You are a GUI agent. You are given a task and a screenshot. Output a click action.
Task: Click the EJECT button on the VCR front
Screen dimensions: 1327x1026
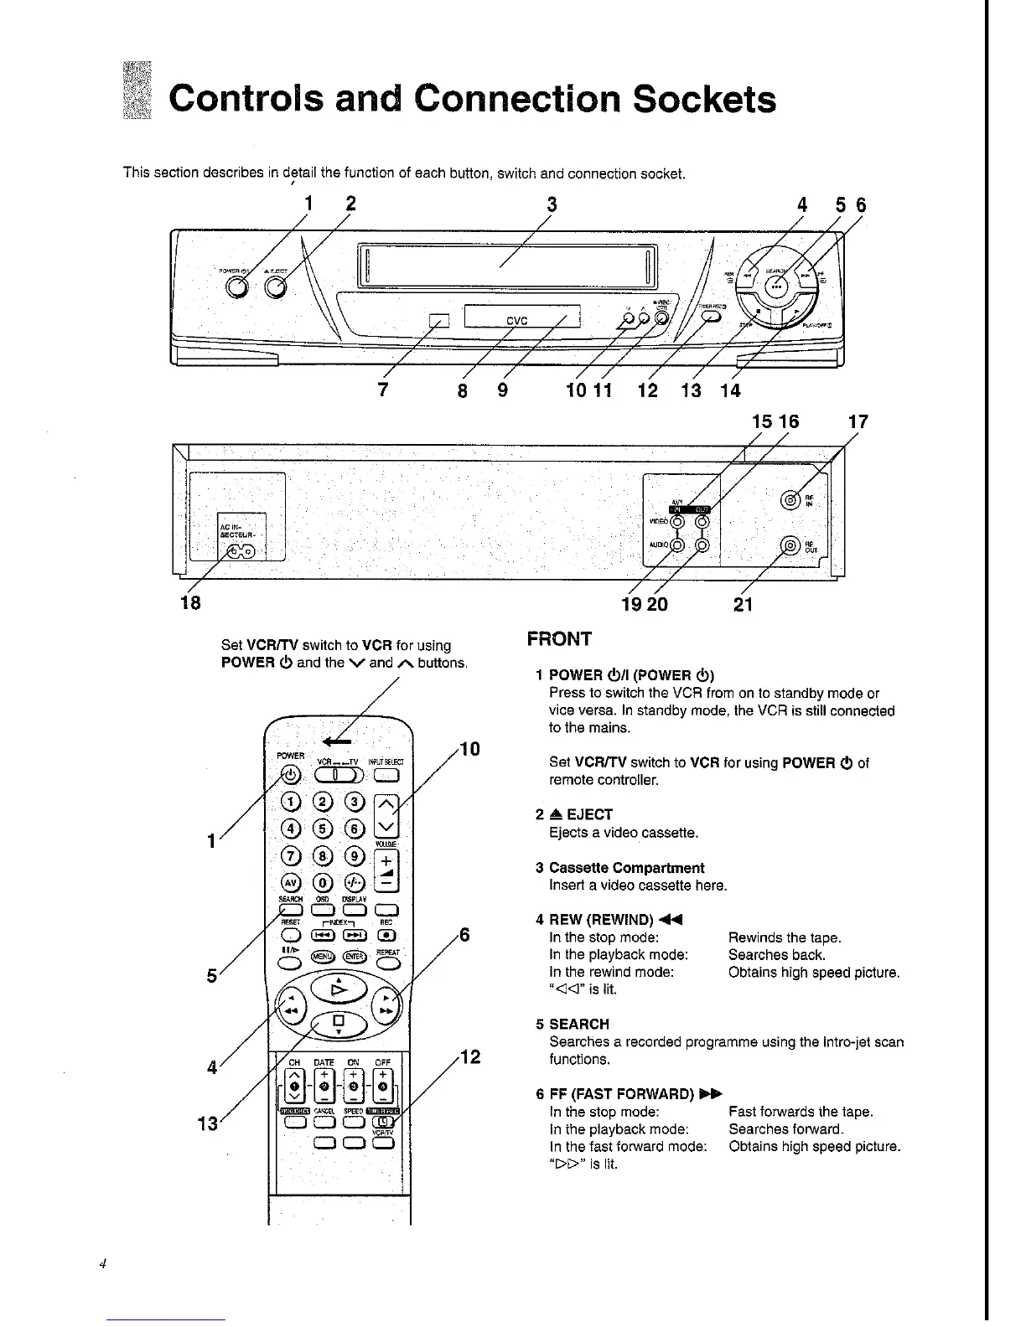point(275,288)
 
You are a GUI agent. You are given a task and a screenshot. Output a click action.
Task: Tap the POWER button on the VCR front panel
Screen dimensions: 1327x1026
point(237,287)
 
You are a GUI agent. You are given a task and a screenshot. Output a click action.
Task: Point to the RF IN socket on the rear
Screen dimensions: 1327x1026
point(789,500)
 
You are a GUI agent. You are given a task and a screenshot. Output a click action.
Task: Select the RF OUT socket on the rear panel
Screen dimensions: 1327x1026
point(789,545)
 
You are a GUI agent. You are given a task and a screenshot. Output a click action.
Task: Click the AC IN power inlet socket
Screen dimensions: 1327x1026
point(241,550)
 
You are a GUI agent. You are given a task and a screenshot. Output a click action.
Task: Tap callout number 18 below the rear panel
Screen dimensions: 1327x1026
point(190,603)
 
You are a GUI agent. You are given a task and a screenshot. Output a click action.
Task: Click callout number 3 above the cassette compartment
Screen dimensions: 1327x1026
point(552,205)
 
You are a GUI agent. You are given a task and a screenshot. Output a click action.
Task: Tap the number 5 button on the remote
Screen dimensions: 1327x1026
point(323,829)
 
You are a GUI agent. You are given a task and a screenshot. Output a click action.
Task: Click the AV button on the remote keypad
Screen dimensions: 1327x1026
point(291,884)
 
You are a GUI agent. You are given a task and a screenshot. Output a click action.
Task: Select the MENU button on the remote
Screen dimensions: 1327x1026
point(321,956)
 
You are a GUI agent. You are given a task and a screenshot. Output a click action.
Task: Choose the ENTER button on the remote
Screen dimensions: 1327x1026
point(352,956)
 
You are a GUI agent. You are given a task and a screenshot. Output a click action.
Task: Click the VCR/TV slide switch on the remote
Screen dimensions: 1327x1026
point(335,775)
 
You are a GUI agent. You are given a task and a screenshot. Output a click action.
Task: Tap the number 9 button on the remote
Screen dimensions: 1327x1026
point(354,856)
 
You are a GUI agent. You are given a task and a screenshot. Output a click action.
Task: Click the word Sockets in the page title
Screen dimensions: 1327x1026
point(704,99)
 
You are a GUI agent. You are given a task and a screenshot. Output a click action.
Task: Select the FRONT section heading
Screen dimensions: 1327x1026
point(559,639)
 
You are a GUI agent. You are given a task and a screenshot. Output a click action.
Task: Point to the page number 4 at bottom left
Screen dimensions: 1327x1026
point(99,1265)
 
